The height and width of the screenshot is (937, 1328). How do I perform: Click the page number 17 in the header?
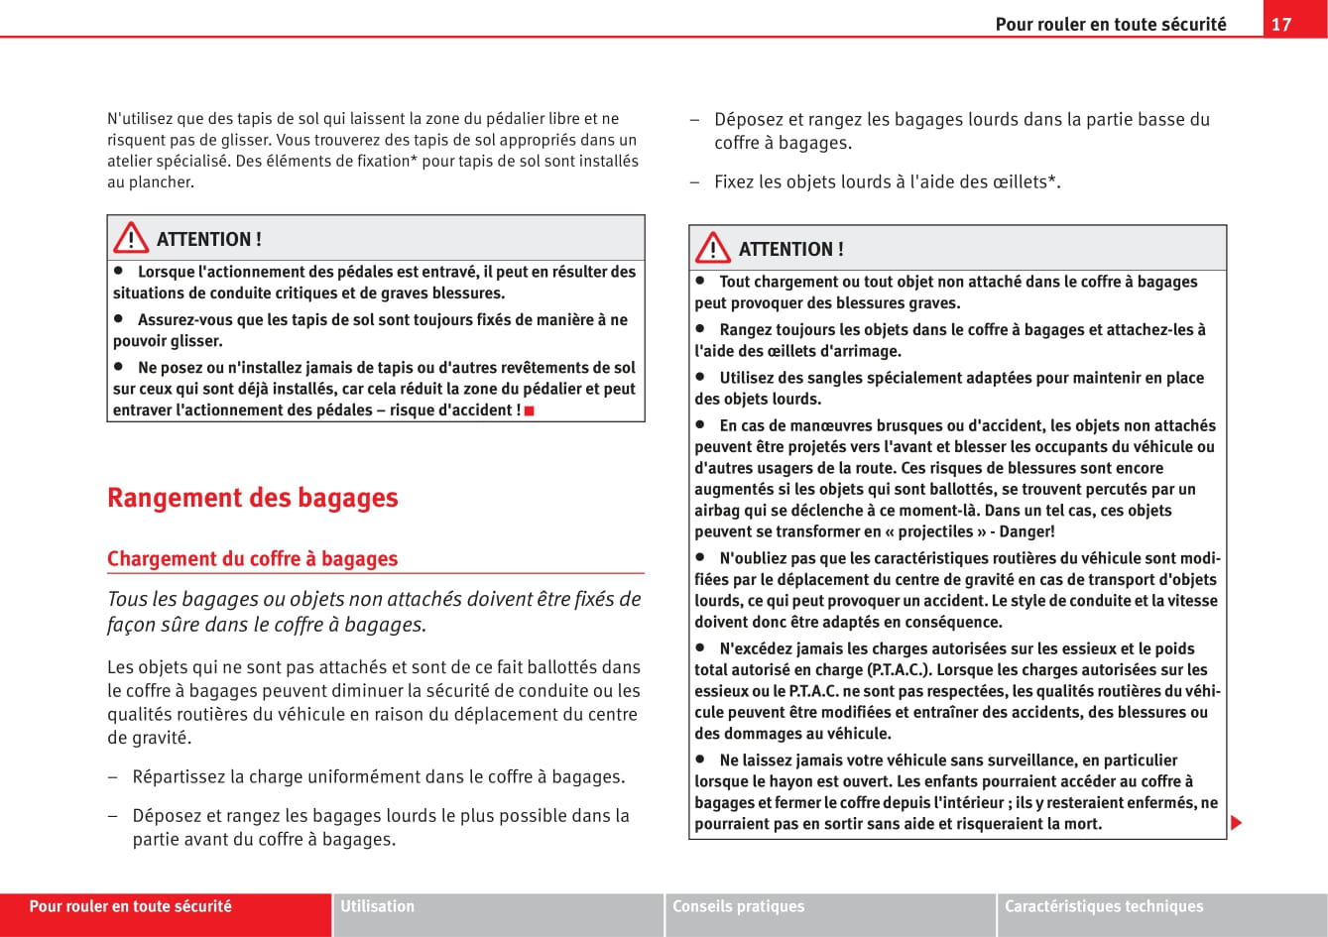coord(1281,24)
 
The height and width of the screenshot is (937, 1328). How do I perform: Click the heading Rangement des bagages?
coord(252,498)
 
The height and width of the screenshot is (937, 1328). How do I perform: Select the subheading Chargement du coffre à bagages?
coord(252,559)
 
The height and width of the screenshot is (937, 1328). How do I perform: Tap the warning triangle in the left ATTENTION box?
coord(130,239)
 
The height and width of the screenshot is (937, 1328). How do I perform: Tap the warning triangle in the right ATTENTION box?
coord(712,249)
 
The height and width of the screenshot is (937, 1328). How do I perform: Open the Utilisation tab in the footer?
coord(378,906)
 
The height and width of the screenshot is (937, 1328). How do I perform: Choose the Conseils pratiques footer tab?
coord(739,906)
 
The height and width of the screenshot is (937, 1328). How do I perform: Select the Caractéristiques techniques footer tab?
coord(1104,906)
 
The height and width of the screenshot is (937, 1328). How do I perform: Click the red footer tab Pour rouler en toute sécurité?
coord(131,906)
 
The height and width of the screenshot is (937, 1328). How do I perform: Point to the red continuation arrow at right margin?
coord(1236,824)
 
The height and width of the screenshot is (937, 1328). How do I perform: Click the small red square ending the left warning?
coord(530,410)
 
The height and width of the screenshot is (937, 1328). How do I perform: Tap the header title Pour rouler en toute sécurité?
coord(1111,24)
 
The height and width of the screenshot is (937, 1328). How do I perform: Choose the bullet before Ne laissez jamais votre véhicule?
coord(699,760)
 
